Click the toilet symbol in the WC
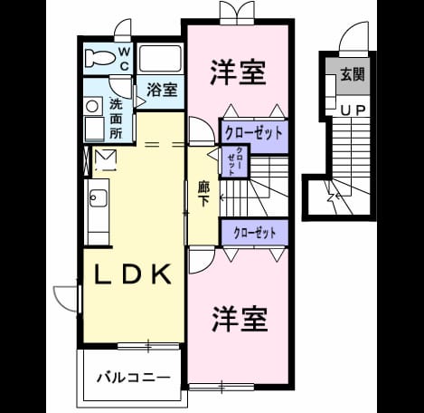[100, 58]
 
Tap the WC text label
[125, 59]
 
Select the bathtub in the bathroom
[161, 59]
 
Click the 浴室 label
[162, 90]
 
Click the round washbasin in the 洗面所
[92, 106]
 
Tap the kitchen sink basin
[98, 198]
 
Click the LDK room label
[133, 274]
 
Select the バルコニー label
[134, 378]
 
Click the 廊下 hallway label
[203, 194]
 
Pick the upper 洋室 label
[238, 72]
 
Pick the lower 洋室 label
[240, 319]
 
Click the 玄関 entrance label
[353, 74]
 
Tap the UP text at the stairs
[353, 110]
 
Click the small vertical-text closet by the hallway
[235, 161]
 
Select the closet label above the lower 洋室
[255, 233]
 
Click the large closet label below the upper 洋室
[254, 133]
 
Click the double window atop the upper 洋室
[237, 11]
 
